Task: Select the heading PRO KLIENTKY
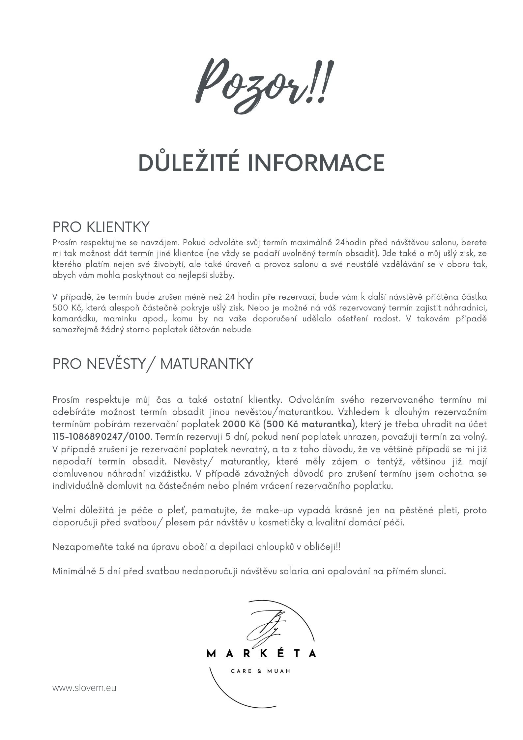(101, 227)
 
